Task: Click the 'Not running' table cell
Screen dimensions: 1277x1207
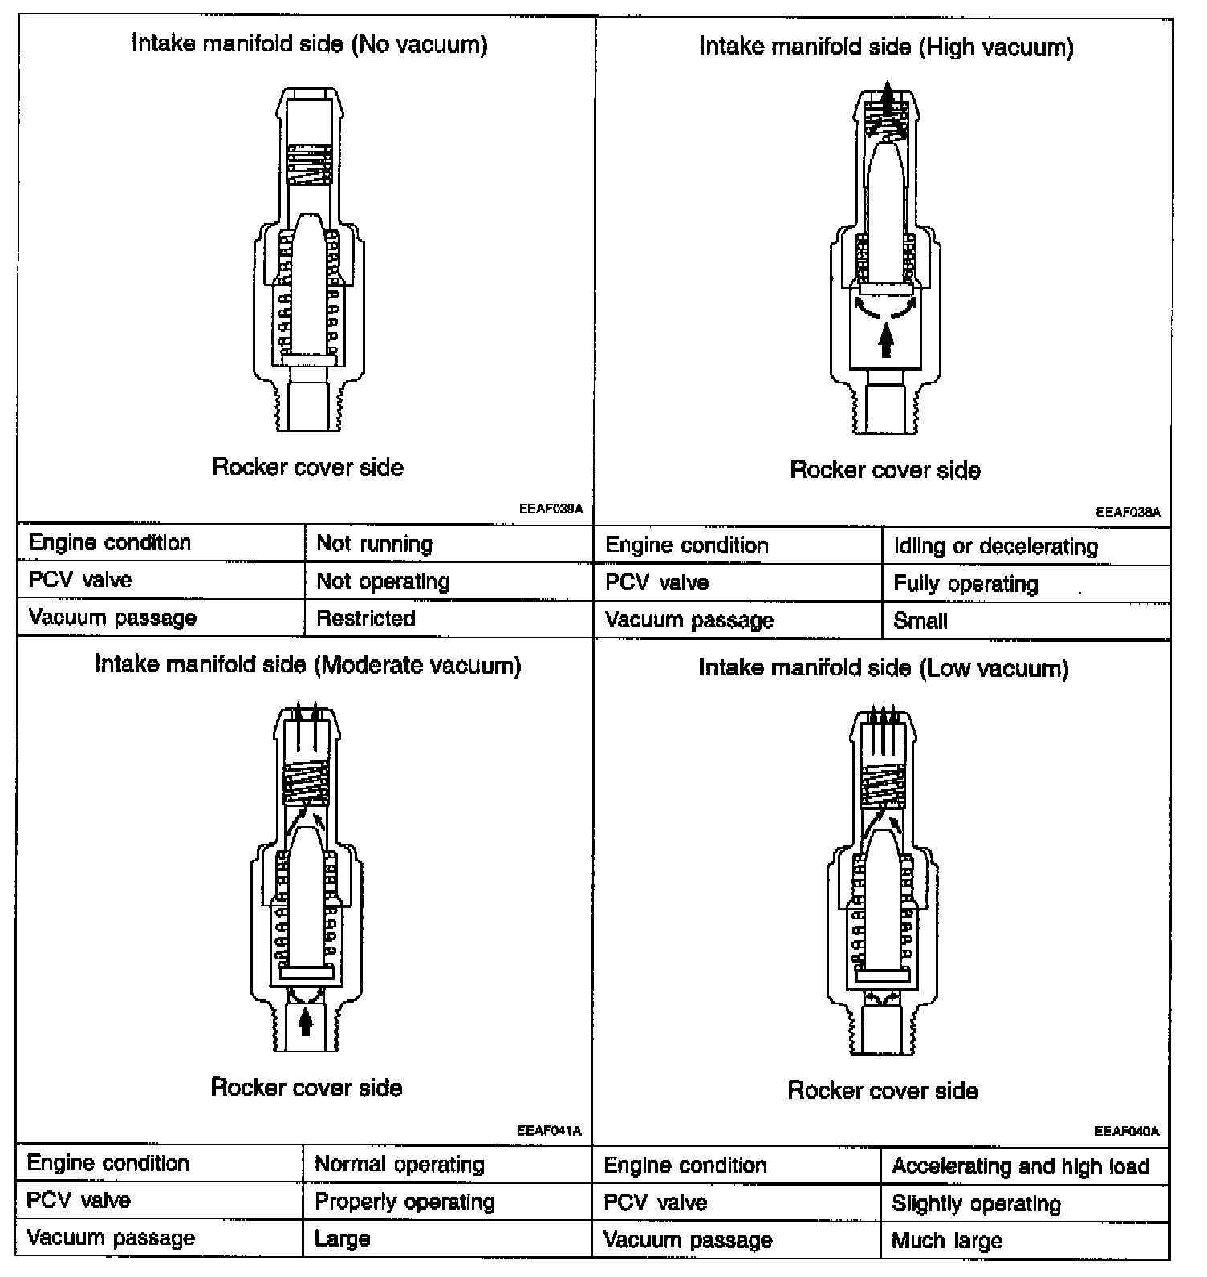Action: tap(374, 544)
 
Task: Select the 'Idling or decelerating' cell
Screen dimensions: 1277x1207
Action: tap(995, 546)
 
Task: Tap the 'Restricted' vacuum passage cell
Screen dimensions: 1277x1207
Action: tap(366, 618)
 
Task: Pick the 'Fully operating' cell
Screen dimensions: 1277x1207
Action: tap(965, 584)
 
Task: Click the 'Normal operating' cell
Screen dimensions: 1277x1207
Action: tap(399, 1164)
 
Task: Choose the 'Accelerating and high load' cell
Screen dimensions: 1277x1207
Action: tap(1020, 1166)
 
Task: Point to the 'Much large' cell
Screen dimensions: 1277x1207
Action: tap(947, 1241)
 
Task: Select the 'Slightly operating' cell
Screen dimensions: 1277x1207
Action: tap(976, 1203)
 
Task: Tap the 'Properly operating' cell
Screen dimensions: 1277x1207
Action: tap(404, 1202)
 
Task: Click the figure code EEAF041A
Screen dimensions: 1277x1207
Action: tap(549, 1131)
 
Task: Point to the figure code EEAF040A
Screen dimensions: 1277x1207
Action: tap(1127, 1132)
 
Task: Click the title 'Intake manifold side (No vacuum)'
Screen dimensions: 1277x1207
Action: tap(309, 43)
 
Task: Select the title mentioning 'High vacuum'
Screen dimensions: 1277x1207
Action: tap(886, 47)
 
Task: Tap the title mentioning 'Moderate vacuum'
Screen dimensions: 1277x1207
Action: tap(308, 665)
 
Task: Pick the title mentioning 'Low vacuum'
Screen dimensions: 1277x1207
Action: tap(883, 668)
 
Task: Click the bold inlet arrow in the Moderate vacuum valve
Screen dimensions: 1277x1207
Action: tap(305, 1022)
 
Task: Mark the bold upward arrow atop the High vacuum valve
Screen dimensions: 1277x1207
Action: tap(886, 98)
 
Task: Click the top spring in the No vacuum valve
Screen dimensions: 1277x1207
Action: tap(309, 165)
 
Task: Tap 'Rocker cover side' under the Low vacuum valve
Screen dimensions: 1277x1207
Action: tap(883, 1090)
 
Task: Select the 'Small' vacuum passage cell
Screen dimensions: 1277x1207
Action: tap(920, 621)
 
